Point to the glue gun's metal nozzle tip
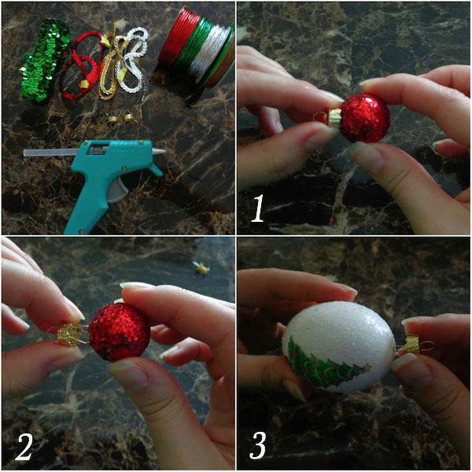[159, 151]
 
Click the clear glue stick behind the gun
[51, 153]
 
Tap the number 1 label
[258, 208]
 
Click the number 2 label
[24, 447]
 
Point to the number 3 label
[258, 445]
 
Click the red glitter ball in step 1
[365, 118]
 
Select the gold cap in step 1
[334, 118]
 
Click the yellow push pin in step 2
[201, 267]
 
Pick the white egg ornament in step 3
[338, 346]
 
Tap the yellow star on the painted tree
[367, 367]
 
